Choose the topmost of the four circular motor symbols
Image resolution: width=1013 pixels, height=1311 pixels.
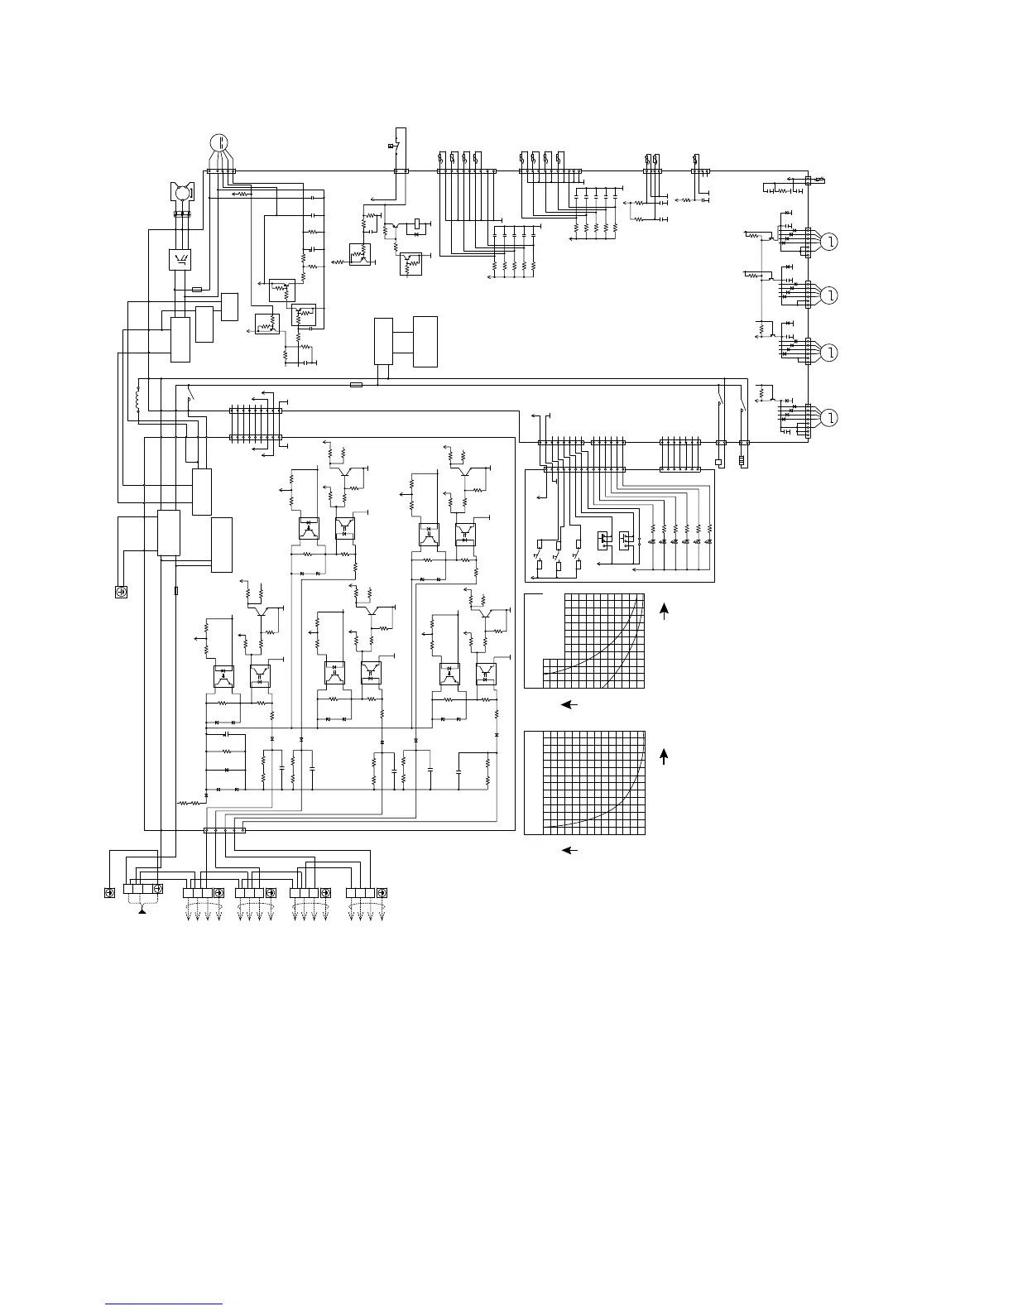tap(829, 242)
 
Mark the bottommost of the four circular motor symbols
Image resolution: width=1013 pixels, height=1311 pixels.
tap(829, 416)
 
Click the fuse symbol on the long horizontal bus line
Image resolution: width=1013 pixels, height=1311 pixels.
tap(357, 385)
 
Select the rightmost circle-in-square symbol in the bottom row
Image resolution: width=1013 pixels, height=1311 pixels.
tap(382, 893)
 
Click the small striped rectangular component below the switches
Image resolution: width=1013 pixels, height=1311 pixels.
tap(742, 459)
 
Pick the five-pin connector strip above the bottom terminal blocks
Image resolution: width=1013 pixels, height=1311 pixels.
tap(224, 831)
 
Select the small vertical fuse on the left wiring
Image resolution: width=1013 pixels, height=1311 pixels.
tap(176, 591)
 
